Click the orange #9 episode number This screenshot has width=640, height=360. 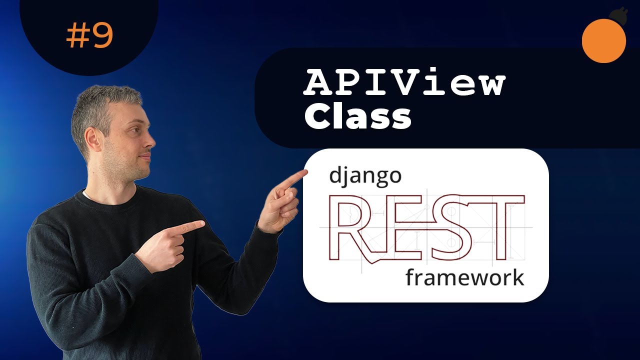(89, 36)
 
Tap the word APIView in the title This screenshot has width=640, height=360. (404, 83)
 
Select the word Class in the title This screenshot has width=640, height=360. (358, 117)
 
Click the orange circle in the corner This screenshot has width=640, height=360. (604, 41)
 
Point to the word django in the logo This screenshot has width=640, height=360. (365, 177)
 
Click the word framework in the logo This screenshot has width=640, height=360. (464, 277)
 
